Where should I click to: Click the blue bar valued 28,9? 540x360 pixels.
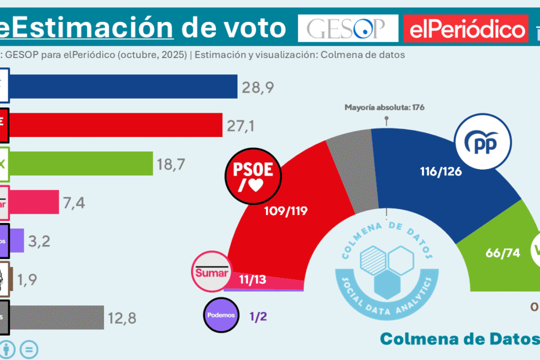(122, 87)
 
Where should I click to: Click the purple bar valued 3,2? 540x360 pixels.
(17, 240)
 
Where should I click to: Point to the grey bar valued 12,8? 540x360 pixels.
(56, 317)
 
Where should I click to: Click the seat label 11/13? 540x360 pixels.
(253, 280)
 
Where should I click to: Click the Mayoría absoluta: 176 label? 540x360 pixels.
(385, 107)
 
